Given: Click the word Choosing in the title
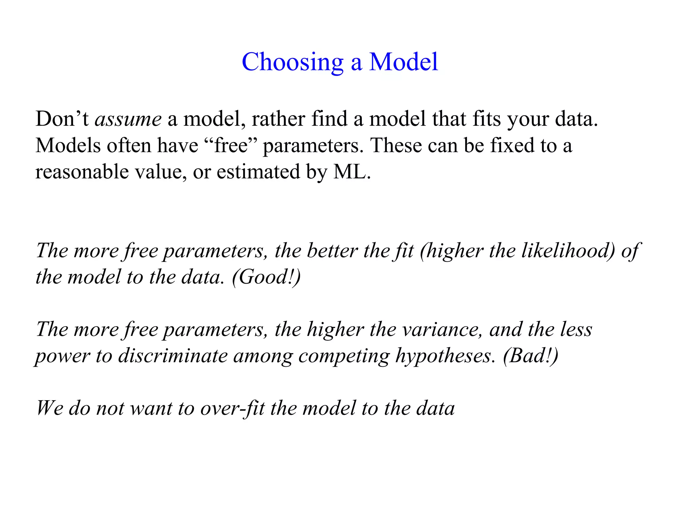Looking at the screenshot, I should [292, 62].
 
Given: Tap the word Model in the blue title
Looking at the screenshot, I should [403, 62].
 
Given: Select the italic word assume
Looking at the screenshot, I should [128, 119].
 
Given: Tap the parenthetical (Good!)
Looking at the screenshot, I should [266, 277].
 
